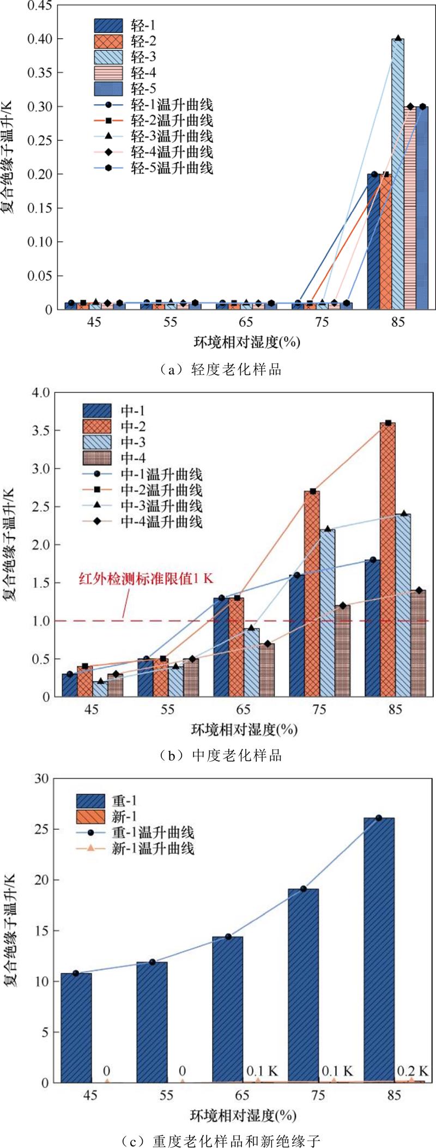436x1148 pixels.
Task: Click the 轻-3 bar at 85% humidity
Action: (398, 174)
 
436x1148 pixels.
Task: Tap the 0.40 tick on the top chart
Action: (41, 39)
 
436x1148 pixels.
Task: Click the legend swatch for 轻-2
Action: (108, 41)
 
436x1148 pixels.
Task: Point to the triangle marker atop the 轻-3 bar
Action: (398, 38)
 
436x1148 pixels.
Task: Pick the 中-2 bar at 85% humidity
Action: (387, 561)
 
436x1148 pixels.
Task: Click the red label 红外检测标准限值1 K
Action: (146, 579)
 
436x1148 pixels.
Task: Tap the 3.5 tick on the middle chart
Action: (40, 430)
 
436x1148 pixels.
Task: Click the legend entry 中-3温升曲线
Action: (161, 506)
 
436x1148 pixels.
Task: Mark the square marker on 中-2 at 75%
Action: (312, 491)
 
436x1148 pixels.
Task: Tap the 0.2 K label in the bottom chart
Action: (412, 1071)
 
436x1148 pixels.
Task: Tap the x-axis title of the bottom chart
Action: (243, 1115)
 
